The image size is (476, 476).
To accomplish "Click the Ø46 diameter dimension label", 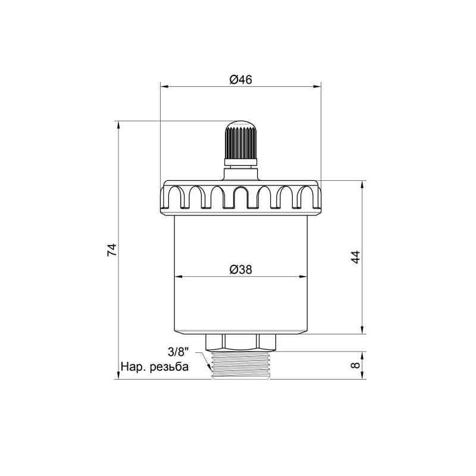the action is (x=241, y=80).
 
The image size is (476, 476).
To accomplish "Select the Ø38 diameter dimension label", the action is (x=241, y=270).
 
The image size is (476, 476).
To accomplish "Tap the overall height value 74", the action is (x=112, y=250).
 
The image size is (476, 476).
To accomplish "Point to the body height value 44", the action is (x=356, y=257).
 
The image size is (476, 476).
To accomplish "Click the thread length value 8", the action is (x=356, y=365).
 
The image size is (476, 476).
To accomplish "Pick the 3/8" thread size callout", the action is (x=178, y=352).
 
